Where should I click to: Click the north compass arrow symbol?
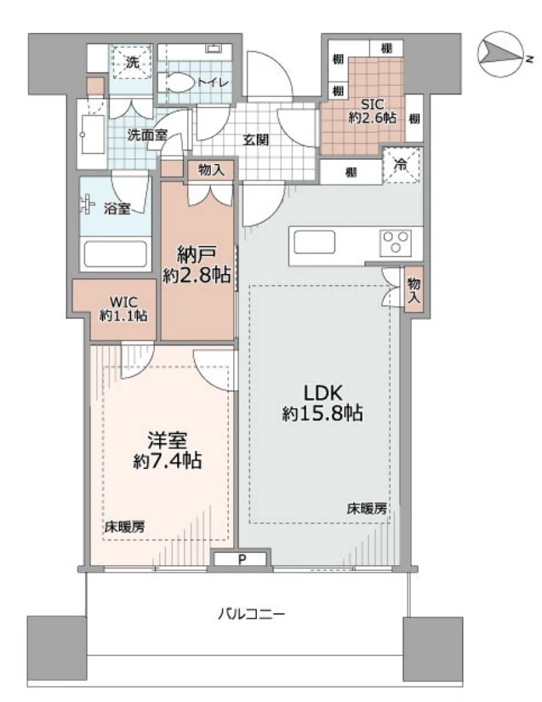tap(502, 56)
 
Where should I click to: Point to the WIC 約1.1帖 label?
tap(123, 307)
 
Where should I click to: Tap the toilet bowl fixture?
tap(180, 83)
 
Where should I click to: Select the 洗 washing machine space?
tap(133, 62)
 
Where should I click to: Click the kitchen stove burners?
tap(395, 243)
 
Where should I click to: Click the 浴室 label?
tap(117, 208)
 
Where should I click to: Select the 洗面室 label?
tap(147, 134)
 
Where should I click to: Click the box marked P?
tap(242, 559)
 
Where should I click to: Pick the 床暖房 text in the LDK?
tap(367, 508)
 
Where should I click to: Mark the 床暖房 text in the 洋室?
tap(124, 526)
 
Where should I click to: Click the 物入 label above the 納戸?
tap(212, 170)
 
